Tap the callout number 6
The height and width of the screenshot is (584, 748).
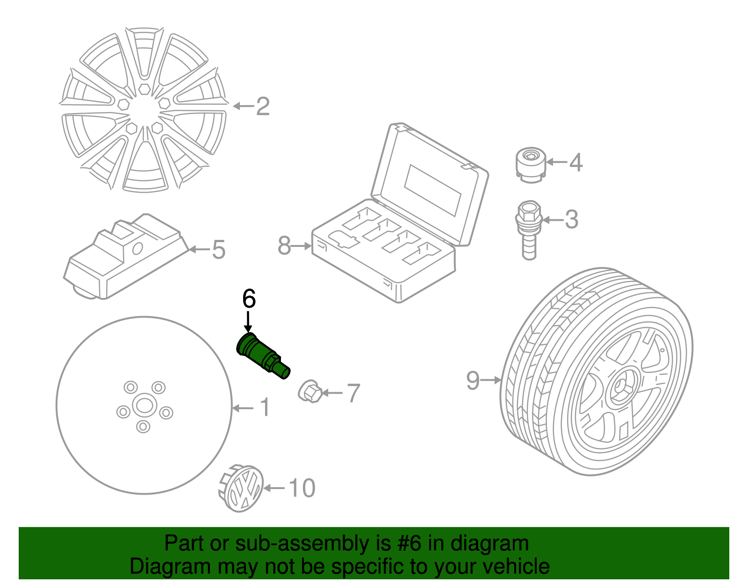[x=249, y=299]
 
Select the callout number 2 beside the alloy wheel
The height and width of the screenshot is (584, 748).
[x=263, y=107]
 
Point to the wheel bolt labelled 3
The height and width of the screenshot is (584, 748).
[x=528, y=229]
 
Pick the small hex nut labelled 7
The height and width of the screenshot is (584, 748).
[x=309, y=391]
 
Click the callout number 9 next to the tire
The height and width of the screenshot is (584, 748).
[x=473, y=380]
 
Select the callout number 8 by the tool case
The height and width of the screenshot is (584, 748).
[x=284, y=245]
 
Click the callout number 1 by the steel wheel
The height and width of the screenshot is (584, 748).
[x=265, y=408]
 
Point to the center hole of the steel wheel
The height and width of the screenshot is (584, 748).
[x=143, y=405]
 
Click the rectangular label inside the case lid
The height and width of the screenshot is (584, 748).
[x=432, y=189]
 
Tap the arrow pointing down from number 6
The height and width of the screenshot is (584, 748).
[x=248, y=323]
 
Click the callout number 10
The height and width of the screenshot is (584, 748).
[x=302, y=488]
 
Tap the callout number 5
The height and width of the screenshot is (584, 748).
[x=218, y=250]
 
